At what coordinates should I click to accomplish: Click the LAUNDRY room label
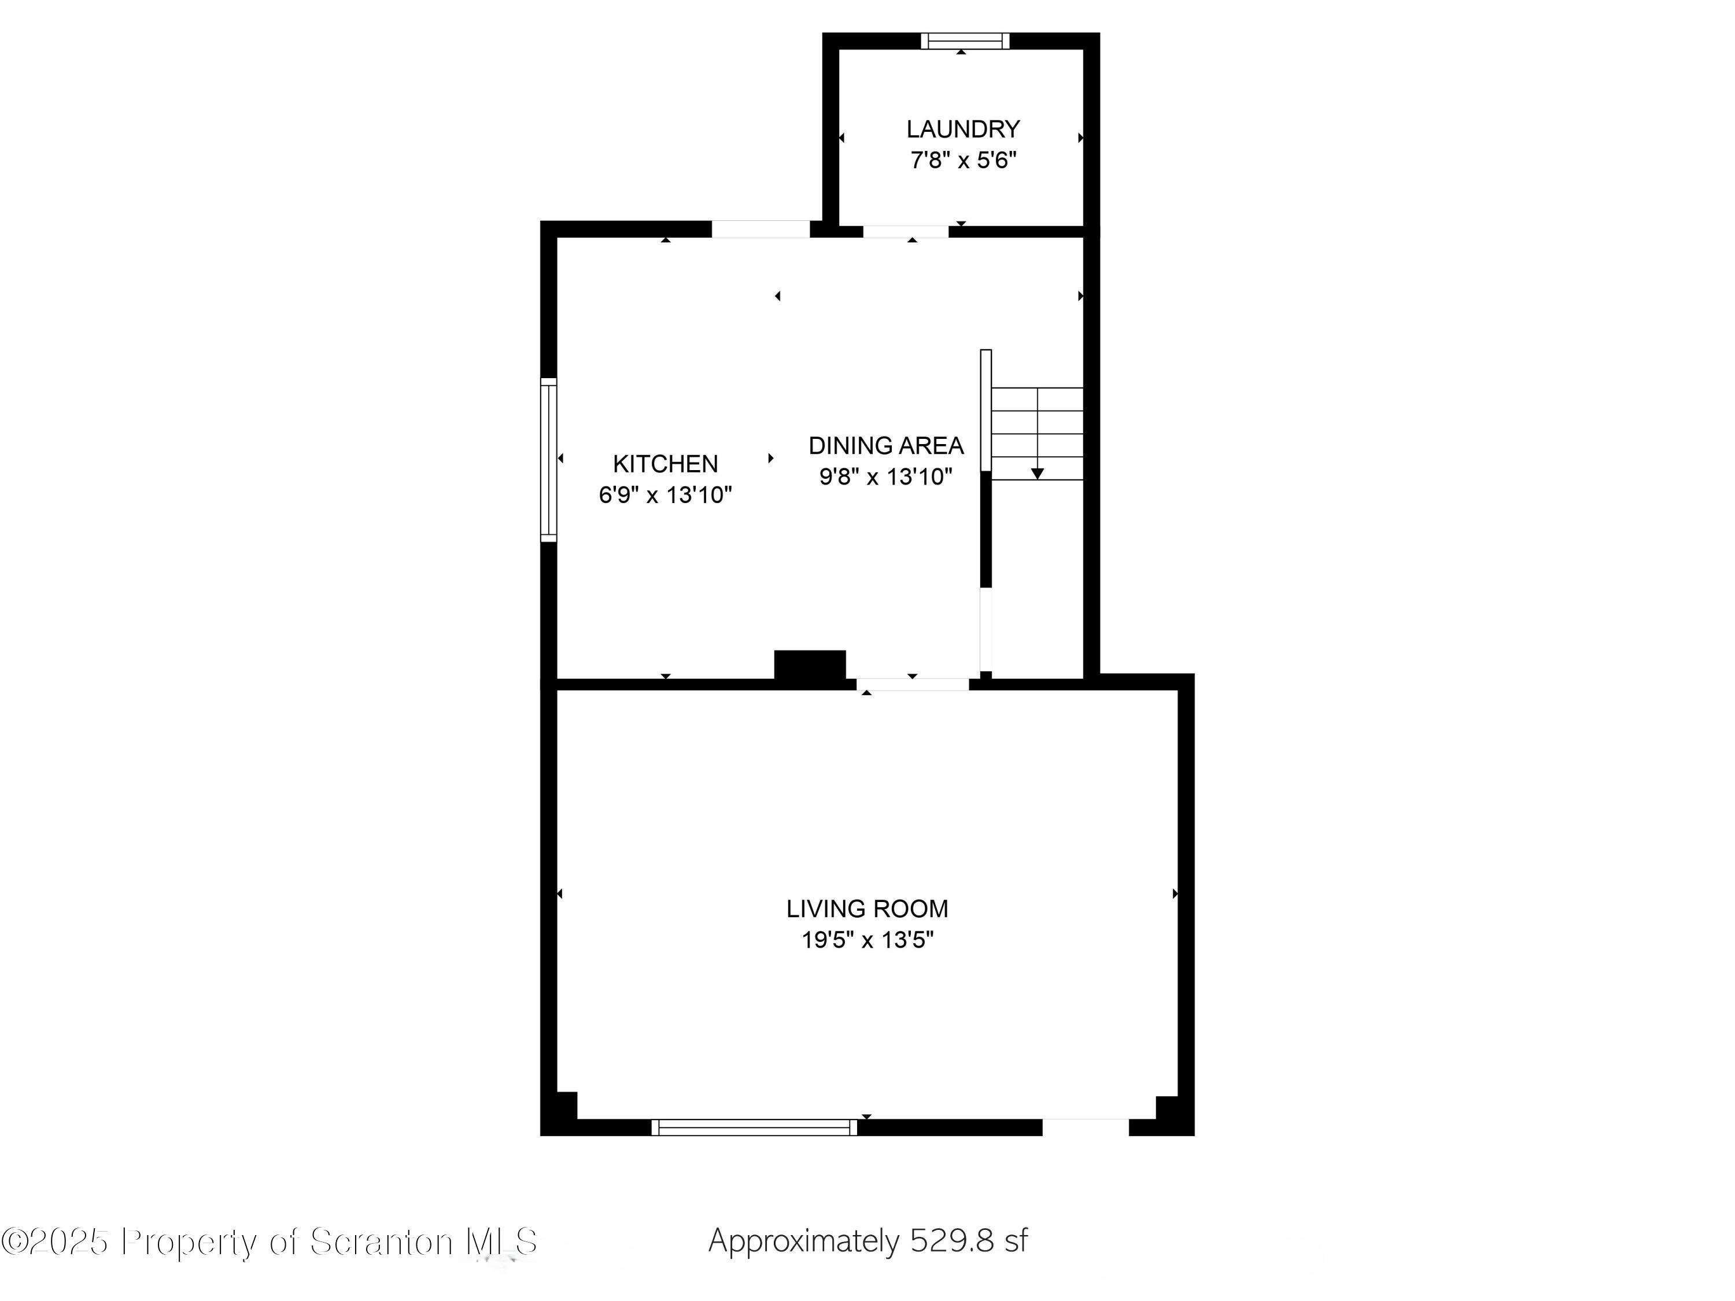(x=962, y=128)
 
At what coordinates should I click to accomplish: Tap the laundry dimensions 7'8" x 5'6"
(x=962, y=160)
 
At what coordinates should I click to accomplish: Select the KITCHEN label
(x=665, y=464)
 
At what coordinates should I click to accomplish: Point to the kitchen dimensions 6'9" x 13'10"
(x=665, y=495)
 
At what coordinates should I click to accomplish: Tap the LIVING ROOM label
(x=867, y=909)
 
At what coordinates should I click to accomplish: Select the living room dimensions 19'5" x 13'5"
(x=867, y=940)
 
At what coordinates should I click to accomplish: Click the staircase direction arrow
(x=1037, y=473)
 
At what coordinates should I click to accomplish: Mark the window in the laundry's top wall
(x=964, y=41)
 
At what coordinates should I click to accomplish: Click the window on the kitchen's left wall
(x=549, y=460)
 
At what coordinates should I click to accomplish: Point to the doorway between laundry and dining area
(x=905, y=231)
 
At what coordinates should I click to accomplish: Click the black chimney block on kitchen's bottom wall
(x=810, y=667)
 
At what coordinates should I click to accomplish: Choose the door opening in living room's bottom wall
(x=1085, y=1128)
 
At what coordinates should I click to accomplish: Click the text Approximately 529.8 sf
(x=867, y=1241)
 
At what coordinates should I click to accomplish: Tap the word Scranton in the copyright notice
(x=382, y=1241)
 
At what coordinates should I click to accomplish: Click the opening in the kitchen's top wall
(x=760, y=229)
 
